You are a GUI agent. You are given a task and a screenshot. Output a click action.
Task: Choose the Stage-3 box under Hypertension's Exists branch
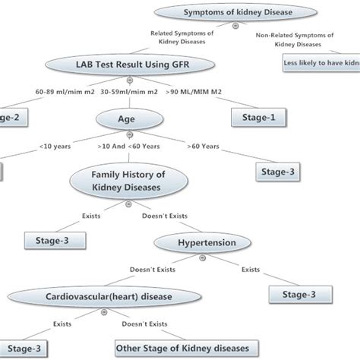click(x=300, y=294)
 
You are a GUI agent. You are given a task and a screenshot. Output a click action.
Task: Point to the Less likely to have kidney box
click(x=319, y=65)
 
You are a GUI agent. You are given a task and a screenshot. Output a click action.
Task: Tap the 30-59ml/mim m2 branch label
click(x=125, y=92)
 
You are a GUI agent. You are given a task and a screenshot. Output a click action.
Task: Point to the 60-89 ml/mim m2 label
click(x=63, y=92)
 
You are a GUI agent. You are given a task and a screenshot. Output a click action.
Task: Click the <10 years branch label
click(x=56, y=146)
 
